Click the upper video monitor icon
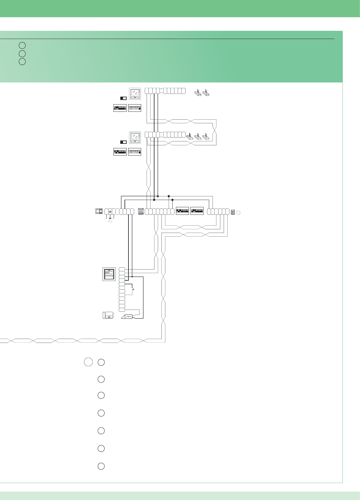click(135, 94)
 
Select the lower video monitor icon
click(135, 137)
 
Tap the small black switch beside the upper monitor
click(123, 98)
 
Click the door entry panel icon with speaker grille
click(109, 274)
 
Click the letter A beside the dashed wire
click(133, 289)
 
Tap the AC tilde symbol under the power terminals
click(110, 221)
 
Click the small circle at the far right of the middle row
click(238, 212)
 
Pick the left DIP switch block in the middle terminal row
click(182, 211)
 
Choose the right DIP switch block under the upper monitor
click(135, 108)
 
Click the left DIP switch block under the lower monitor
click(120, 152)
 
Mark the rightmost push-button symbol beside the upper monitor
click(206, 93)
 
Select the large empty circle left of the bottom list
click(88, 362)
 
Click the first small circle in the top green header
click(22, 45)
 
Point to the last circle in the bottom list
click(101, 466)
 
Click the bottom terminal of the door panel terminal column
click(122, 310)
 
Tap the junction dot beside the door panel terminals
click(132, 276)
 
